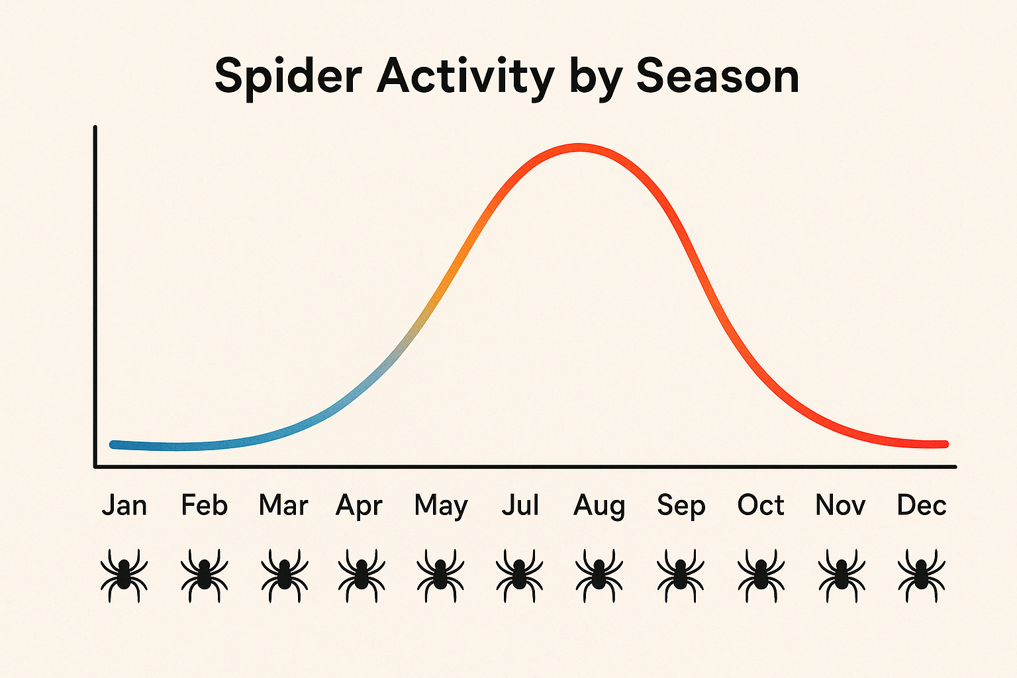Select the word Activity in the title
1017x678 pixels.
pos(465,76)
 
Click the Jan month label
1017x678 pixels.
pos(124,505)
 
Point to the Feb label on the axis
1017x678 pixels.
pos(204,505)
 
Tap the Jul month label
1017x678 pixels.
pos(520,505)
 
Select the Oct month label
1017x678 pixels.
pos(760,505)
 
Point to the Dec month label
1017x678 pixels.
pos(921,505)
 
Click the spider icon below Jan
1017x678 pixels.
pos(124,574)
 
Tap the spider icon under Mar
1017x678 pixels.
pos(284,574)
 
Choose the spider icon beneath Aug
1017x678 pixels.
pos(599,574)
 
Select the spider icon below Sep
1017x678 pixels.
pos(680,574)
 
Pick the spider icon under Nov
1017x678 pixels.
pos(841,574)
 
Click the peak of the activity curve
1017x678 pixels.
pos(579,148)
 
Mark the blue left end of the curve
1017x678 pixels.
pos(114,444)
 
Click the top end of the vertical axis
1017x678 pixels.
pos(95,128)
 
